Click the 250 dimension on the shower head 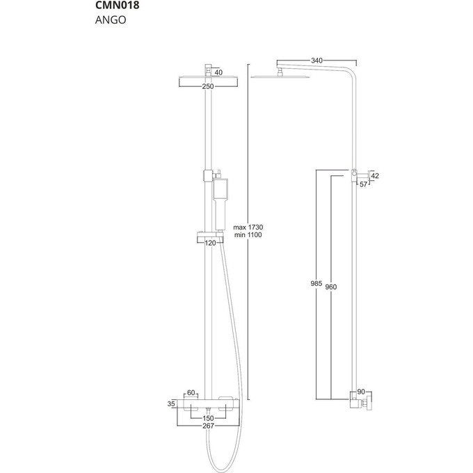point(207,87)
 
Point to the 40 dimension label point(218,72)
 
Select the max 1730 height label point(248,227)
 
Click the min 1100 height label point(248,236)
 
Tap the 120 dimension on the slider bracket point(210,242)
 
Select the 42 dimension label point(375,177)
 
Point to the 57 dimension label point(363,185)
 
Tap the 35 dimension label point(171,403)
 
